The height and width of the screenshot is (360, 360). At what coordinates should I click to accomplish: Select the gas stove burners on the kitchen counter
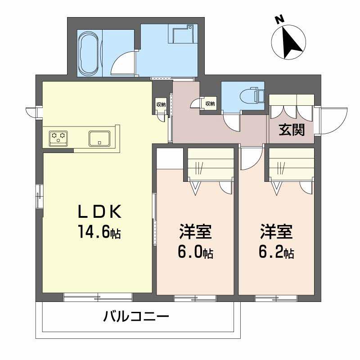[58, 136]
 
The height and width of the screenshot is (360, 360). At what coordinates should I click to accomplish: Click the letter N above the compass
[279, 20]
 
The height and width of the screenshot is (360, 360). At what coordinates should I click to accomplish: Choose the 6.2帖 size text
[276, 252]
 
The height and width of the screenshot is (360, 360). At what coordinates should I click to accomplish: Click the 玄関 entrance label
[291, 130]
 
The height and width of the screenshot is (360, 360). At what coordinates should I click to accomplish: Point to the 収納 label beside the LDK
[161, 104]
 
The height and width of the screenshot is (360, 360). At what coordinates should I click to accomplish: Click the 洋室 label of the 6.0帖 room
[195, 233]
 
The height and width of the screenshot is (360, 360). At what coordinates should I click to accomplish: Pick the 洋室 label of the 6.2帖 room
[276, 233]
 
